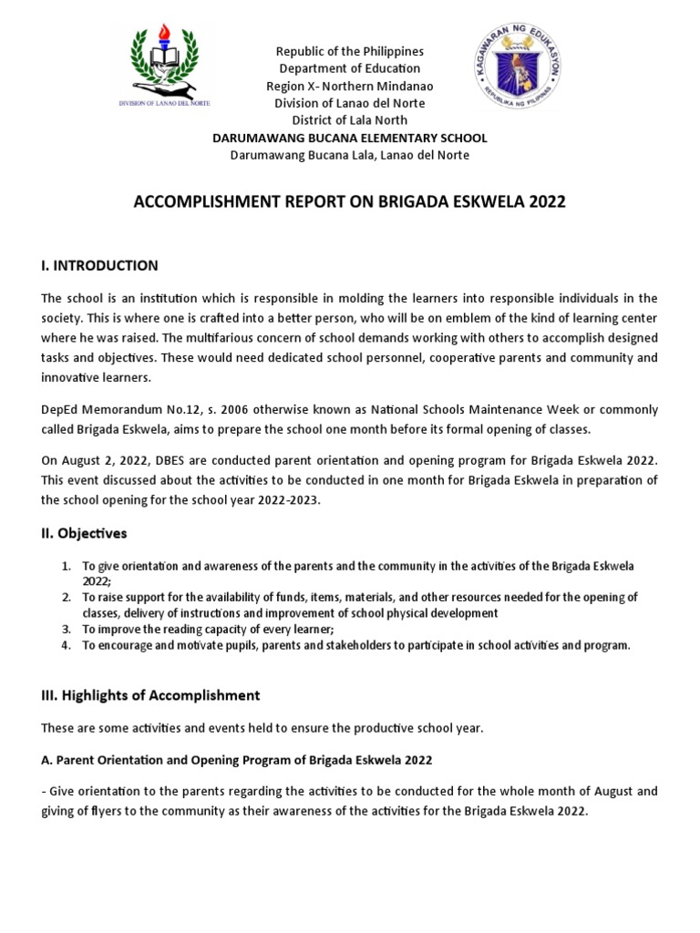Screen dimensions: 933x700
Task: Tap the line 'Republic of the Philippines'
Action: coord(350,51)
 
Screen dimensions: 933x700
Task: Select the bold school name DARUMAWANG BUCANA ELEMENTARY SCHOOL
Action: coord(350,138)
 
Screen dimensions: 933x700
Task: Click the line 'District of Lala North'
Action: coord(350,120)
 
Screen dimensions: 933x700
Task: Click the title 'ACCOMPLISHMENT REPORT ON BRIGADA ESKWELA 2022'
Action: coord(350,201)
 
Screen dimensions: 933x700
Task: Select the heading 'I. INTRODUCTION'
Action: coord(99,266)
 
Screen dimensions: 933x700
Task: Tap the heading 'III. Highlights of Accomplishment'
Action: coord(150,695)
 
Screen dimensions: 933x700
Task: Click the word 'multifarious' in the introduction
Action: coord(215,337)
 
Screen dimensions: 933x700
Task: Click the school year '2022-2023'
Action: coord(290,499)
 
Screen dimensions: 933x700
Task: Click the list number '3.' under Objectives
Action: coord(66,630)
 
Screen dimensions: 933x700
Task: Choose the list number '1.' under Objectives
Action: coord(66,566)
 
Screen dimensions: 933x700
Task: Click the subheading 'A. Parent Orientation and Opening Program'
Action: coord(237,760)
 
